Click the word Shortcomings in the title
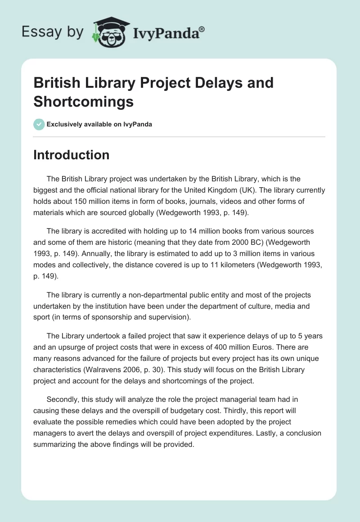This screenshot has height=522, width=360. [x=83, y=101]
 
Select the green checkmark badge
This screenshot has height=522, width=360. [x=39, y=124]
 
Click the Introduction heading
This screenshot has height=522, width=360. [x=71, y=155]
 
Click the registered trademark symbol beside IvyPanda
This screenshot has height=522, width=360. [x=202, y=29]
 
